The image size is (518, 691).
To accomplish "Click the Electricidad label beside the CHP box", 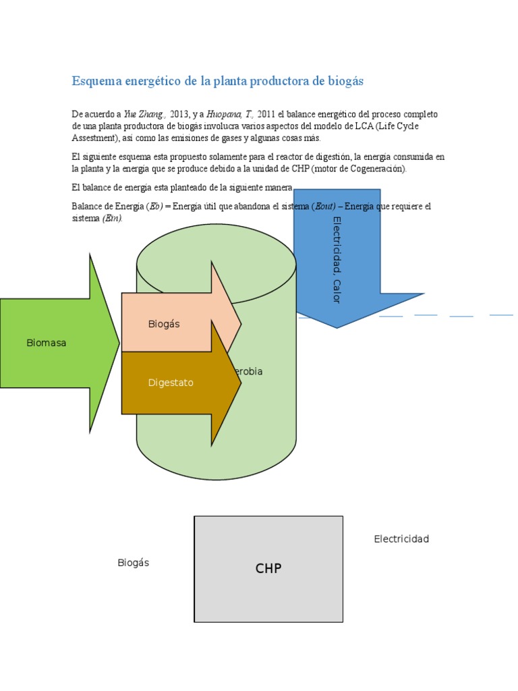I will (401, 539).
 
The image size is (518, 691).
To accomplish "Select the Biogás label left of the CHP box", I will (133, 563).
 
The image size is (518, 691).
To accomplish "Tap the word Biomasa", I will (47, 343).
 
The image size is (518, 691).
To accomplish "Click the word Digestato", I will (171, 383).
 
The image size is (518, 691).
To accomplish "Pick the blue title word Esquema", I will (94, 81).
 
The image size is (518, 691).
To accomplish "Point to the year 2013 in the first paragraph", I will (180, 115).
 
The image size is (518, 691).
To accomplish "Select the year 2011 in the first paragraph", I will (266, 115).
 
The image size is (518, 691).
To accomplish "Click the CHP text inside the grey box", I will (268, 569).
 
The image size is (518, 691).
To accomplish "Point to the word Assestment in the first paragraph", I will (94, 138).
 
